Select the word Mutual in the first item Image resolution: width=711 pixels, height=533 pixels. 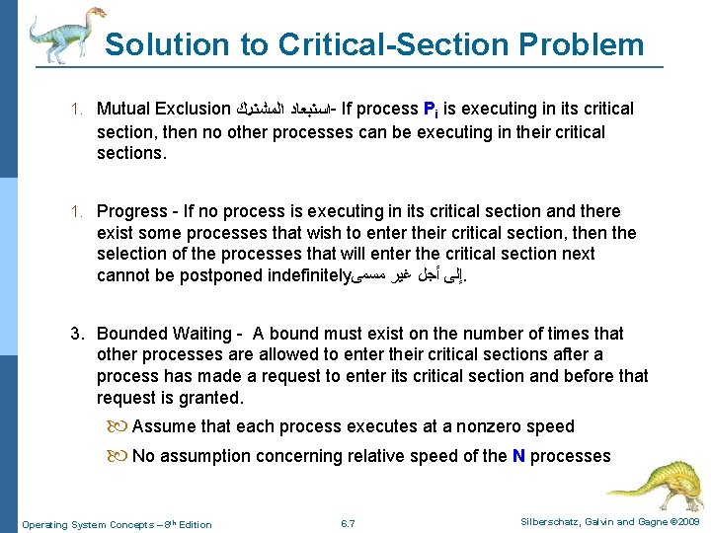125,110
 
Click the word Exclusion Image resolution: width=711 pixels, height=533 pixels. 194,110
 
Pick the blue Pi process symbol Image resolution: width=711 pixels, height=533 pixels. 431,110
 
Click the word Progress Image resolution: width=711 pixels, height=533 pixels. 132,211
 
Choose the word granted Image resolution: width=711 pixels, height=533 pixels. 211,398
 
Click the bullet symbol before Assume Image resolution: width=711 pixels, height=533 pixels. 120,427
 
